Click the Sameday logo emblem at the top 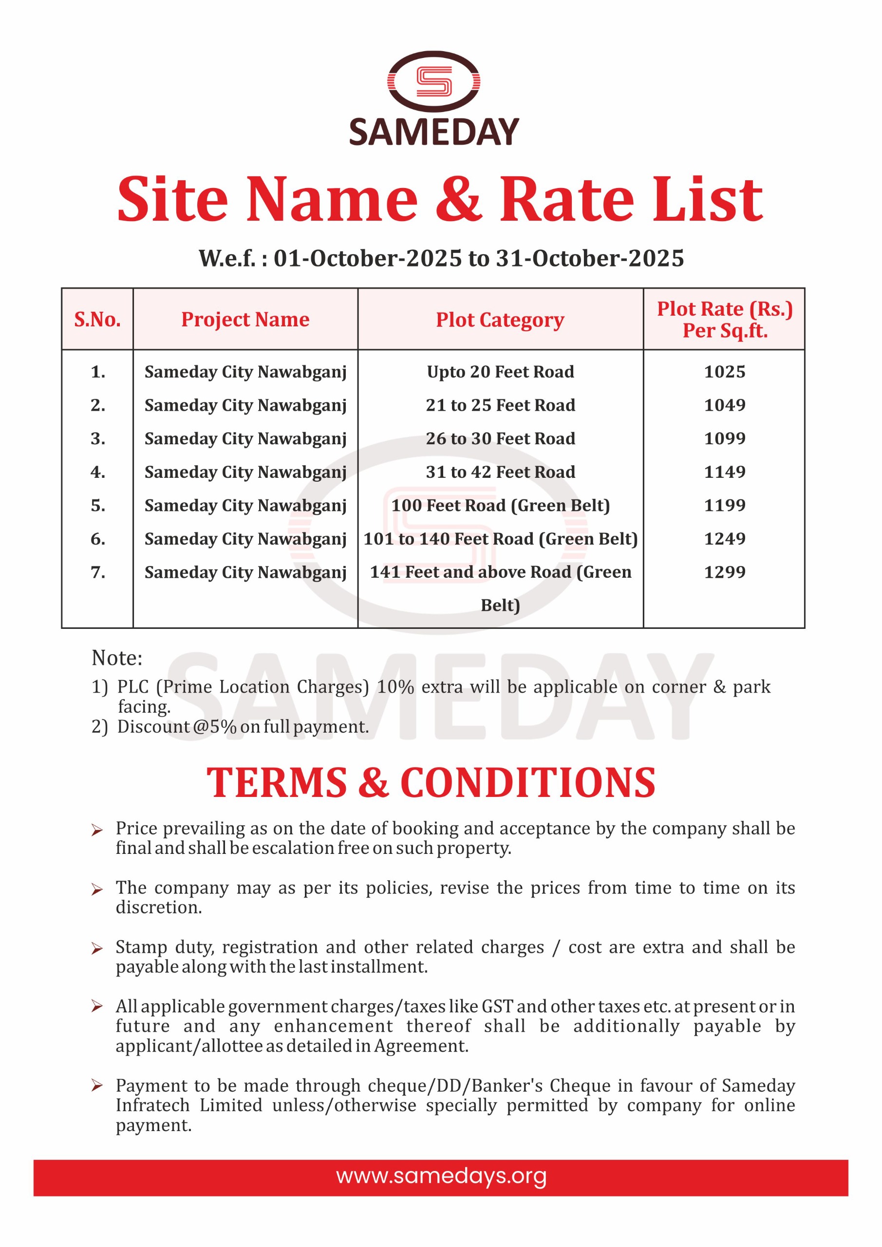point(433,81)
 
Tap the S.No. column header point(97,320)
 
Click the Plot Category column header point(500,320)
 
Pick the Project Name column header point(245,320)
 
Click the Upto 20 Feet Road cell point(500,372)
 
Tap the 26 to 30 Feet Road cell point(500,438)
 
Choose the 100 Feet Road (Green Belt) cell point(500,506)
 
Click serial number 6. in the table point(98,539)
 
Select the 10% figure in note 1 point(395,687)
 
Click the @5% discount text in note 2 point(214,727)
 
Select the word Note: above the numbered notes point(117,658)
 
